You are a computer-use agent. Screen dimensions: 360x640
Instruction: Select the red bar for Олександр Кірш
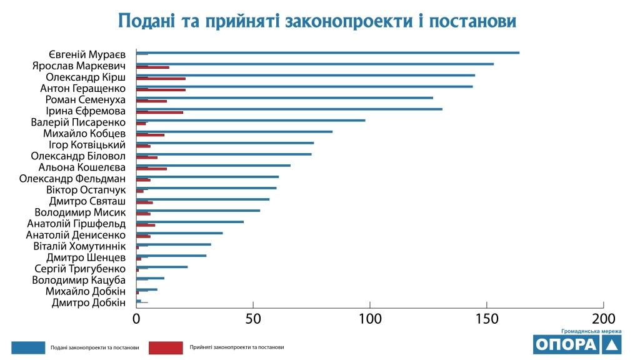[161, 79]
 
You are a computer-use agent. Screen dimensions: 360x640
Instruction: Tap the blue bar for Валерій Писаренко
[251, 120]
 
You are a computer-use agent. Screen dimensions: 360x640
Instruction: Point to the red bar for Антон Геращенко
[161, 90]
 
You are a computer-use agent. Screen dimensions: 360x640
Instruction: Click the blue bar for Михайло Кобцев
[234, 131]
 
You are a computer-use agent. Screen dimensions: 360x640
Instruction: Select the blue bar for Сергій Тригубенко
[162, 267]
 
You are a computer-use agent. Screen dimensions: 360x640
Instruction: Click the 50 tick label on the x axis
[253, 318]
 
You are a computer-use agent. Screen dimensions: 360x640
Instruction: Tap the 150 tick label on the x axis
[487, 318]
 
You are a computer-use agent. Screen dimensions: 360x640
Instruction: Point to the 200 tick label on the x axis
[604, 318]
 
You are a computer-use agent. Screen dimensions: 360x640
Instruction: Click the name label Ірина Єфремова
[86, 111]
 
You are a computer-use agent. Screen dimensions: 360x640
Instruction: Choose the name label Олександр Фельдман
[72, 179]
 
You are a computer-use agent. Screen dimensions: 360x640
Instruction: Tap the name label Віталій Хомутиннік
[79, 246]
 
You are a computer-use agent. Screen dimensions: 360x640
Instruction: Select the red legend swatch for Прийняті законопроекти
[165, 347]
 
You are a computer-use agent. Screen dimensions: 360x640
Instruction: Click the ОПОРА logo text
[566, 344]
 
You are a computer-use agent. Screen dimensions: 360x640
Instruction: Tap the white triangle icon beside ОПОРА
[613, 344]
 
